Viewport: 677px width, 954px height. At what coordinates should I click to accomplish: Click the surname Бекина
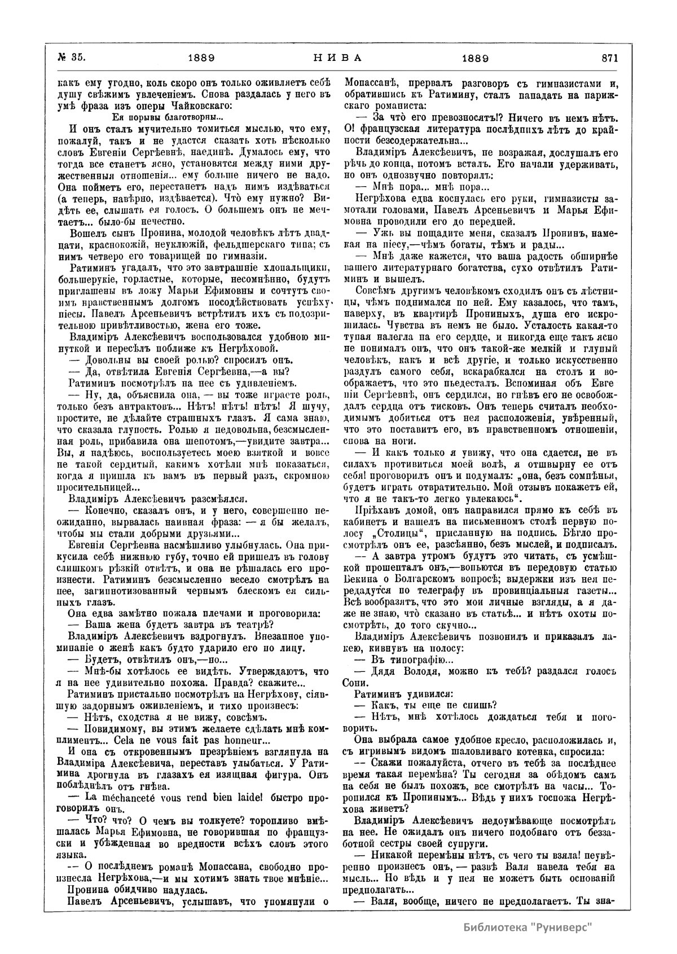click(372, 583)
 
